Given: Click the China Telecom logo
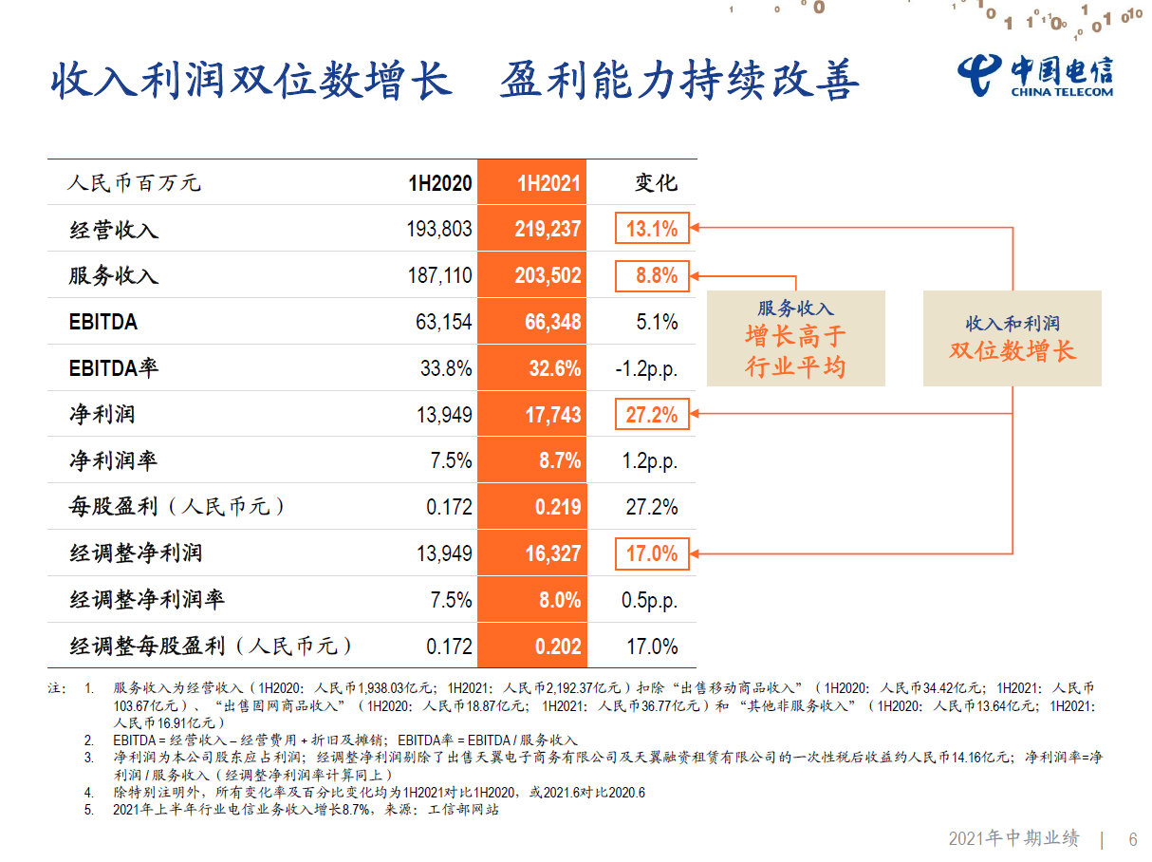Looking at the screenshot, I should coord(1034,74).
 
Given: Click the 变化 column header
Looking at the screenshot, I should coord(656,182).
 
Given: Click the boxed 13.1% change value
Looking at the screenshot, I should coord(652,229).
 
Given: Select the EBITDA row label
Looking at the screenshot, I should coord(103,322).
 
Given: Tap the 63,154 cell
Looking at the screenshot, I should coord(443,322).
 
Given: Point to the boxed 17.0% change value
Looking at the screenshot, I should coord(652,553).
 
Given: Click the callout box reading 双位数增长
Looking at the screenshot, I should coord(1012,338).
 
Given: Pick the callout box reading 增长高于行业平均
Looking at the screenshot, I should coord(795,338).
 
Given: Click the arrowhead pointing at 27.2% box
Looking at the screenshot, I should coord(697,414).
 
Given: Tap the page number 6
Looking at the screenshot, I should coord(1132,839).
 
